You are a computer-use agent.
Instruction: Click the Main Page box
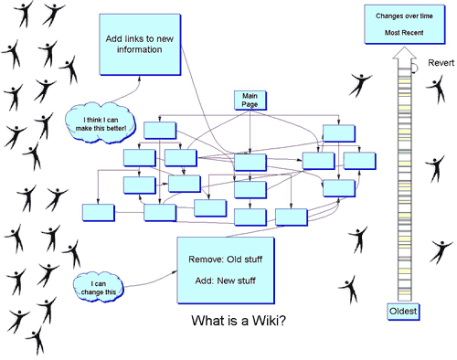pyautogui.click(x=250, y=101)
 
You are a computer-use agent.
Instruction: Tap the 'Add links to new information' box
pyautogui.click(x=140, y=45)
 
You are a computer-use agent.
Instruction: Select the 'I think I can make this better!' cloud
pyautogui.click(x=101, y=122)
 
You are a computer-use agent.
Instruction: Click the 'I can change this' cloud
pyautogui.click(x=99, y=287)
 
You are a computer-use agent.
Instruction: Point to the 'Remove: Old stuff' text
pyautogui.click(x=226, y=259)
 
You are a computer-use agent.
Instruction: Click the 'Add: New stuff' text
pyautogui.click(x=226, y=281)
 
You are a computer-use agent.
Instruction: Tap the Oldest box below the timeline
pyautogui.click(x=403, y=312)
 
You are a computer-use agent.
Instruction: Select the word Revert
pyautogui.click(x=441, y=63)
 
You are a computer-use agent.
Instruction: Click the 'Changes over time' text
pyautogui.click(x=404, y=16)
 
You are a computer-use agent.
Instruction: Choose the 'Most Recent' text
pyautogui.click(x=404, y=33)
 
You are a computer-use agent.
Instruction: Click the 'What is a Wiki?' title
pyautogui.click(x=239, y=321)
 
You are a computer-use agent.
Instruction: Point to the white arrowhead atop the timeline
pyautogui.click(x=404, y=53)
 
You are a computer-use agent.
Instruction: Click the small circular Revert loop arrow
pyautogui.click(x=415, y=68)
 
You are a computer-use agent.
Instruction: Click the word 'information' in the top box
pyautogui.click(x=140, y=49)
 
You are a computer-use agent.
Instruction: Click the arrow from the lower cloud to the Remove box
pyautogui.click(x=151, y=281)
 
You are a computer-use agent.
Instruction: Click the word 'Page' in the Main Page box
pyautogui.click(x=250, y=104)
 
